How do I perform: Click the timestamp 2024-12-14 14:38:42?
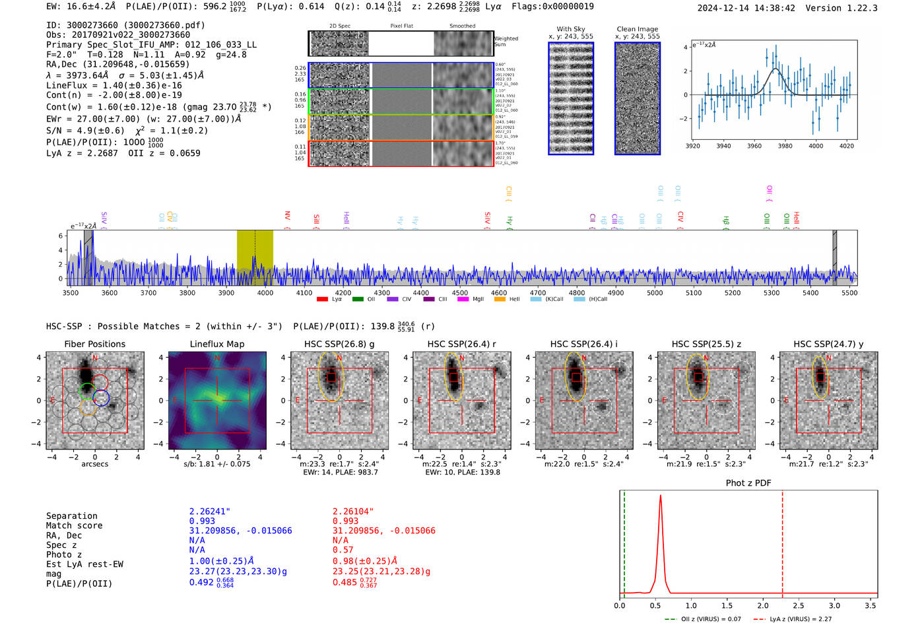click(x=746, y=8)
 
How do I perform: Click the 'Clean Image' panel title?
click(x=637, y=29)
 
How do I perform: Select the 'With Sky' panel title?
click(x=571, y=29)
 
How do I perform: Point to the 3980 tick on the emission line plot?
click(x=785, y=146)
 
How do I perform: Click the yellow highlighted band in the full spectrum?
click(x=255, y=257)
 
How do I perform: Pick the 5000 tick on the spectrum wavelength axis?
click(x=655, y=292)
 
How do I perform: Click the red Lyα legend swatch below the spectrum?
click(x=323, y=300)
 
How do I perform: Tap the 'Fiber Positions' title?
click(x=95, y=344)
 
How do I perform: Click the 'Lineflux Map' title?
click(x=217, y=344)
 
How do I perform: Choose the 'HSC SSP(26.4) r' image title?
click(x=462, y=344)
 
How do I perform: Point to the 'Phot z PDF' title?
click(x=748, y=483)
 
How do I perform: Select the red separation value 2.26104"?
click(x=353, y=512)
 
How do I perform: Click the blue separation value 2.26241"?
click(x=210, y=512)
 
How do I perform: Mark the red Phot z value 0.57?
click(x=343, y=550)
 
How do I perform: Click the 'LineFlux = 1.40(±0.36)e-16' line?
click(x=114, y=85)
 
